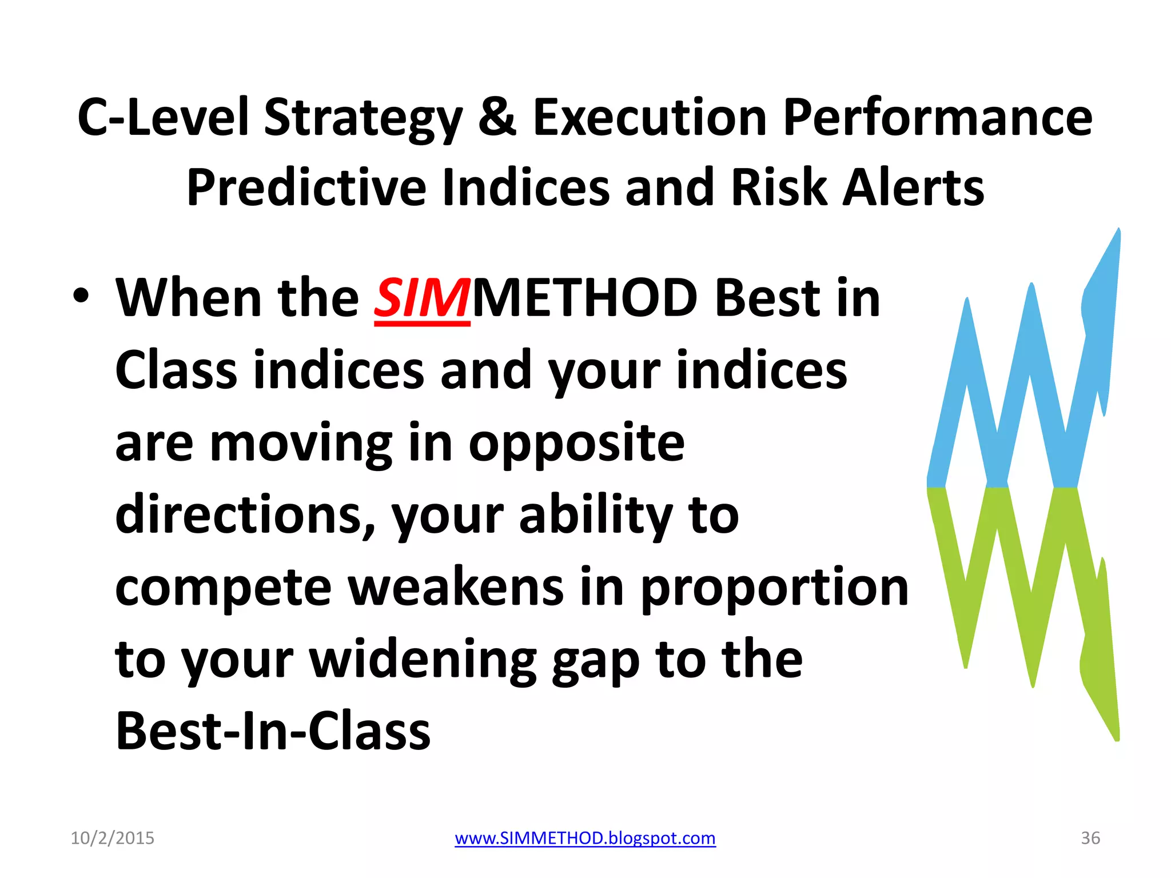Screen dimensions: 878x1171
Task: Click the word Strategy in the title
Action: tap(362, 118)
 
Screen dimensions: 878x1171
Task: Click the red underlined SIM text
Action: tap(422, 298)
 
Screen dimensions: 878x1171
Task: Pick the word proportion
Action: tap(774, 589)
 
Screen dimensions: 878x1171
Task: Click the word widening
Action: tap(423, 660)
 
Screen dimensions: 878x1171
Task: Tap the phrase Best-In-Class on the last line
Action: tap(273, 732)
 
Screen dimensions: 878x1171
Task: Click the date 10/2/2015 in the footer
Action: tap(112, 838)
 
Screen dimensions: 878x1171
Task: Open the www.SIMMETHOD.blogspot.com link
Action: tap(585, 838)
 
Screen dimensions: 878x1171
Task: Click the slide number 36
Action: tap(1090, 838)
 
